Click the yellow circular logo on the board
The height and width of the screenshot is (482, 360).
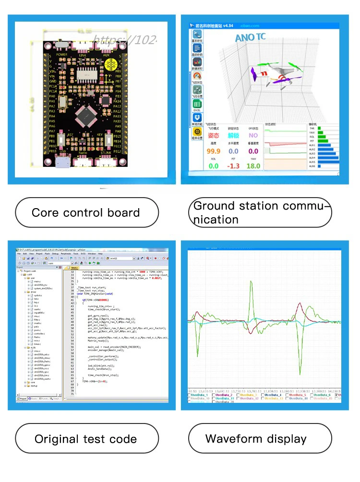point(111,63)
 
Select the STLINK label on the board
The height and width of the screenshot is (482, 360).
point(106,153)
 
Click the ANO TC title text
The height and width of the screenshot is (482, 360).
point(251,37)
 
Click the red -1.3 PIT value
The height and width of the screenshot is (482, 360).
point(233,165)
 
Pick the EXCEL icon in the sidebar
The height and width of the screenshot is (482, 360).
point(197,104)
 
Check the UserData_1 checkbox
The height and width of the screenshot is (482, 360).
point(189,395)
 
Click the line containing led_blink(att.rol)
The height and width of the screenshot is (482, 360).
point(102,366)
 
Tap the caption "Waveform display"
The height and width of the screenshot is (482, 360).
point(256,438)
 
